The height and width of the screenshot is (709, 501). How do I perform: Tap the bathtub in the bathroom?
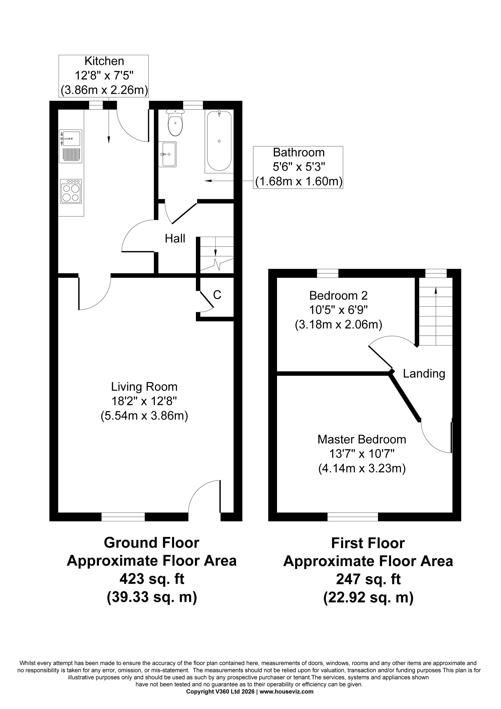point(219,142)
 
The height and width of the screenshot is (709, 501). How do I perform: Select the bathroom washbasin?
point(167,154)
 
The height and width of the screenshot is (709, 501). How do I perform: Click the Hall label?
point(175,239)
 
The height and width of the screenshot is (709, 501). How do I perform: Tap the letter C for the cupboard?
point(217,295)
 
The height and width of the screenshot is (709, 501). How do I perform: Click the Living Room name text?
point(144,387)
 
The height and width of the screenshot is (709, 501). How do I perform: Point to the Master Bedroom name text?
point(362,439)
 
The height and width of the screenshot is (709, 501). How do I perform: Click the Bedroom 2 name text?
point(338,296)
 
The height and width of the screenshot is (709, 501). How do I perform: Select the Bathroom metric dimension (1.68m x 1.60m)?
point(299,181)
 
